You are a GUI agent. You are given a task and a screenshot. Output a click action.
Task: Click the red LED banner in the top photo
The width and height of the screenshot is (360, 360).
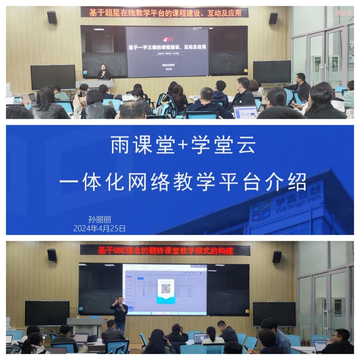tap(164, 13)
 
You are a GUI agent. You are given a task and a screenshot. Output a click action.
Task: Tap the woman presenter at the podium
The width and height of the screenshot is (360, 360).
tap(104, 72)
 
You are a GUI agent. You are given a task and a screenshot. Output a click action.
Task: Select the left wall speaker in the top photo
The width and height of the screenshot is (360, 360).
tap(52, 17)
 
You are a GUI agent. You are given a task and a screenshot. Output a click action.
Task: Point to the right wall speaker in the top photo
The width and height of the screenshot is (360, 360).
tap(273, 18)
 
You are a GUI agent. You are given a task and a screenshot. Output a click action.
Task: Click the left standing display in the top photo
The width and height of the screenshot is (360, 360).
tap(53, 77)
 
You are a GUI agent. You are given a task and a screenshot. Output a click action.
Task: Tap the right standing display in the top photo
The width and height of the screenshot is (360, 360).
tap(272, 72)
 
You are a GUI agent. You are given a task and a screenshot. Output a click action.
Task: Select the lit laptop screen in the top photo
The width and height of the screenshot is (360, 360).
tap(245, 111)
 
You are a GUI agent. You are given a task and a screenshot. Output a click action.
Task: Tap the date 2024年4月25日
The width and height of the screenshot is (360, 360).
tap(99, 229)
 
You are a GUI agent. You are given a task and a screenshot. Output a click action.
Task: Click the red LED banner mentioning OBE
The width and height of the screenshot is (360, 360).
tap(165, 250)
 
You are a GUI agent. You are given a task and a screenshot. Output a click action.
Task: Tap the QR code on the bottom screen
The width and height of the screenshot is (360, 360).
tap(166, 288)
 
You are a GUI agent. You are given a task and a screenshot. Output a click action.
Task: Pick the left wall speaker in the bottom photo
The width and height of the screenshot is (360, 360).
tap(52, 255)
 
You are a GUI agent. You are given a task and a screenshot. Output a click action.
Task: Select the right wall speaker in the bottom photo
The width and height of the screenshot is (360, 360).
tap(277, 256)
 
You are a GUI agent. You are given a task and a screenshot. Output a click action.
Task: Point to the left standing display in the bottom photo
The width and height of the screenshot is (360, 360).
tap(47, 313)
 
